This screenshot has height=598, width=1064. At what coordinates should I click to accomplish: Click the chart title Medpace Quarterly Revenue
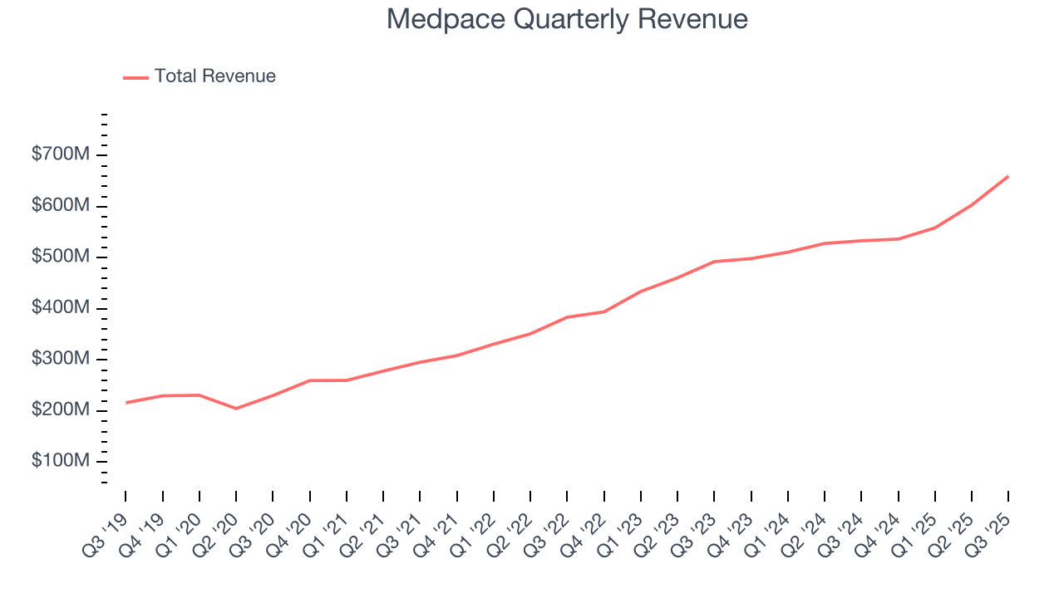567,19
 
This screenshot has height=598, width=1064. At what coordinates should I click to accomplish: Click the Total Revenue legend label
214,76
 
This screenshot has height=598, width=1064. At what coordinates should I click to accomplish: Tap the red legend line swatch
135,77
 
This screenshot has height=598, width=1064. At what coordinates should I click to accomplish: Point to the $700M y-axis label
59,154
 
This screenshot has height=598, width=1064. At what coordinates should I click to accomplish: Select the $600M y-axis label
59,206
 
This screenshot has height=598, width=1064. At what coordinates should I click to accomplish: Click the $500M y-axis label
59,257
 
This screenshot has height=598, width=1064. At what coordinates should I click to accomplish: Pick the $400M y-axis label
59,308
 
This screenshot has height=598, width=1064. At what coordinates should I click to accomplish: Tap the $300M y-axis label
59,360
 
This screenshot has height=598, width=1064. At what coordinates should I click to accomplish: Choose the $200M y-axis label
59,410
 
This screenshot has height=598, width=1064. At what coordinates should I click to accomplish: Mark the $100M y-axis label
59,462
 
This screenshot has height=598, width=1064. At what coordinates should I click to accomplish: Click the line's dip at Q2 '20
236,409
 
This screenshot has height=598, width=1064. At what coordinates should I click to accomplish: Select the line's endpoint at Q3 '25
1008,176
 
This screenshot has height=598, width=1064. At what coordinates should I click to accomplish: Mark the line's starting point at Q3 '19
126,403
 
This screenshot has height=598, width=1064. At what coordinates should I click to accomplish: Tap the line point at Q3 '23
714,262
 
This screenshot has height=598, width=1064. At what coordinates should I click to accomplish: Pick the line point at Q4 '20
310,380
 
